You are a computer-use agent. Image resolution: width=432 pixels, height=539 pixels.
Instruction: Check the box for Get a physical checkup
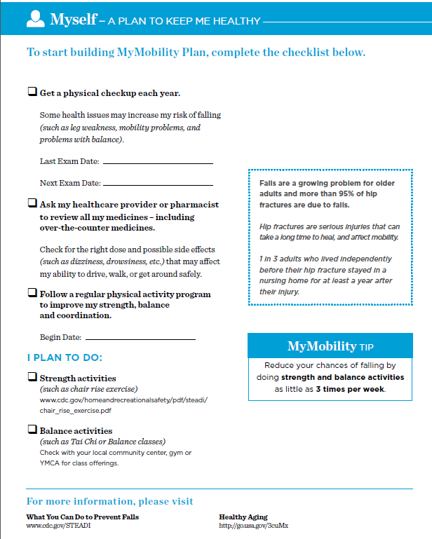point(32,92)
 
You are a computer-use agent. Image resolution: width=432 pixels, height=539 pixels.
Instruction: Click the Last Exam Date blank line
point(158,163)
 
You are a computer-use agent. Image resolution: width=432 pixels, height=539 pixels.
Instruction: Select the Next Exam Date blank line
point(158,184)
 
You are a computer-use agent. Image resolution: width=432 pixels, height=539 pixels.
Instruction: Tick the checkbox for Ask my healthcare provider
point(32,204)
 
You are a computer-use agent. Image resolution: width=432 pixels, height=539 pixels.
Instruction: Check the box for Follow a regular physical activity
point(32,294)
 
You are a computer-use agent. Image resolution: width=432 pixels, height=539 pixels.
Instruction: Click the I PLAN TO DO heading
point(65,357)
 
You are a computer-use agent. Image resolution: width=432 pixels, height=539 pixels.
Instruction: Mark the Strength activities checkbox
point(32,378)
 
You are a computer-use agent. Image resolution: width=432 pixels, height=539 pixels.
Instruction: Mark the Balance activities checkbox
point(32,430)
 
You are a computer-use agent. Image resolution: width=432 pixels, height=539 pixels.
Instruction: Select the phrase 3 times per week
point(350,389)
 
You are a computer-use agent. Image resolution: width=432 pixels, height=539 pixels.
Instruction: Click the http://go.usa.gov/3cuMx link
point(253,526)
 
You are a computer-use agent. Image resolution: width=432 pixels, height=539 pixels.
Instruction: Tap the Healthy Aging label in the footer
point(243,517)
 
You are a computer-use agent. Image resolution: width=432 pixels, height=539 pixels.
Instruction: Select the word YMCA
point(50,463)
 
